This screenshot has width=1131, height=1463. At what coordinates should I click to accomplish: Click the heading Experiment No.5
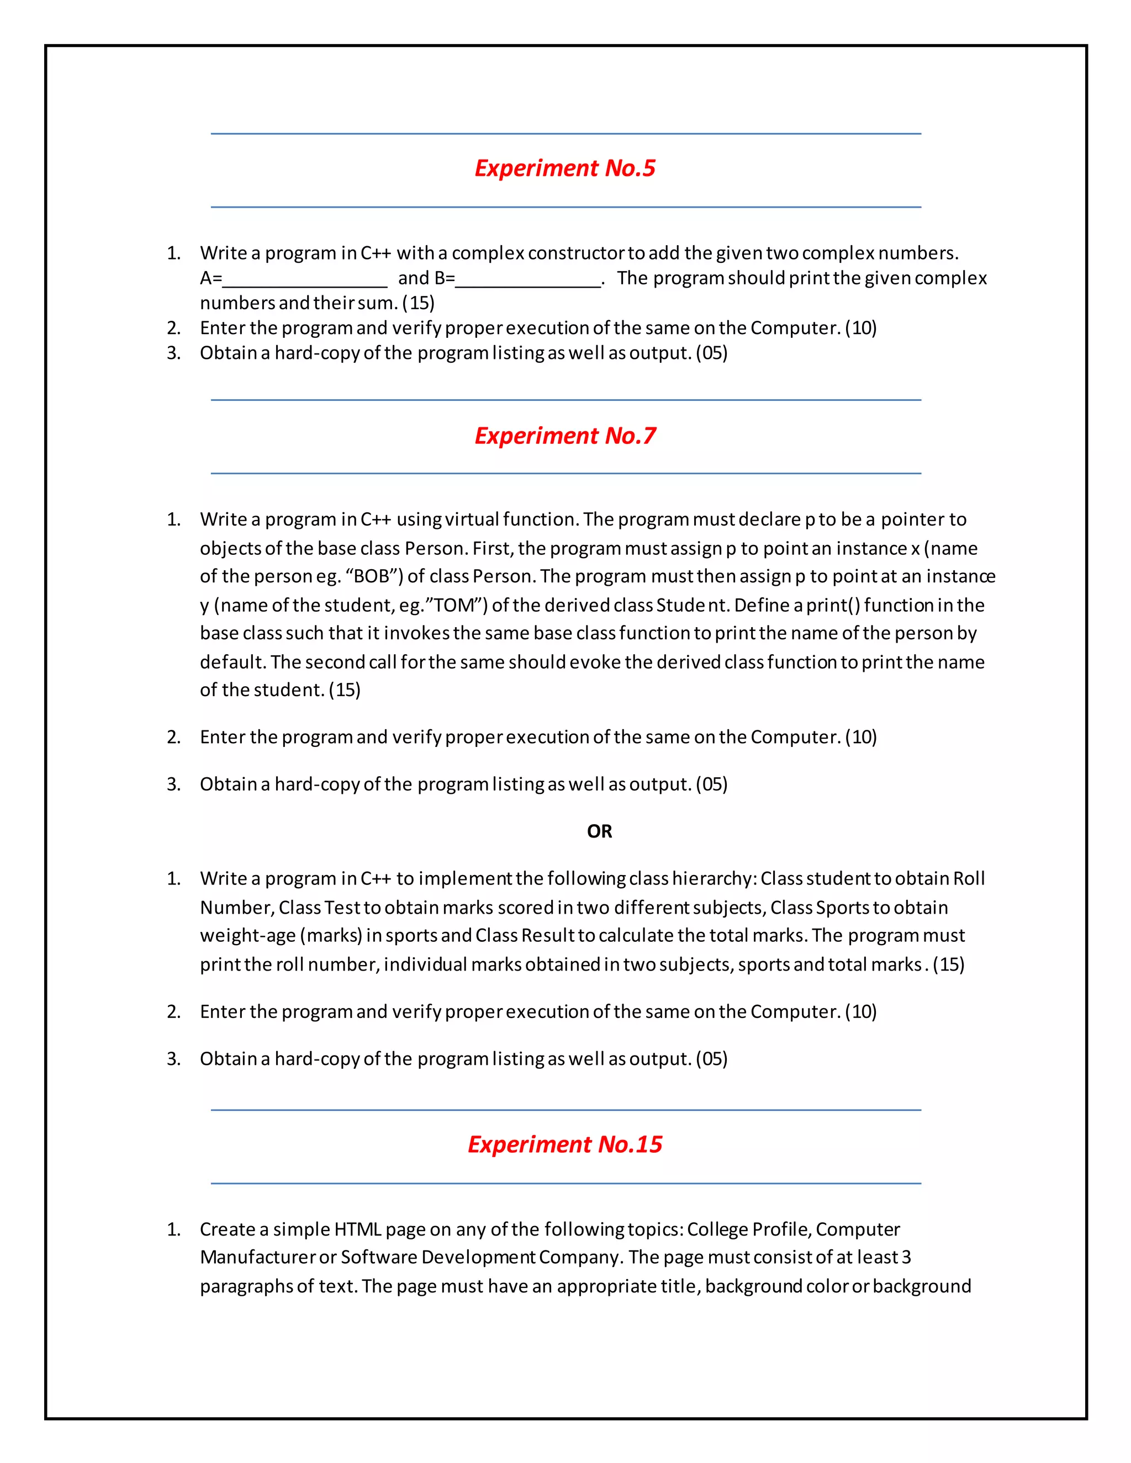point(565,168)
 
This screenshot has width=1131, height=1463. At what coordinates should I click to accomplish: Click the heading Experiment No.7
point(565,436)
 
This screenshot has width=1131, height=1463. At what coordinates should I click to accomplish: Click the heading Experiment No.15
point(565,1144)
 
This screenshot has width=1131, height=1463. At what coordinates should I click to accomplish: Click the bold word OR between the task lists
point(599,831)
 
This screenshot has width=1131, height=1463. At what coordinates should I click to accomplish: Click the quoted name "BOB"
point(372,577)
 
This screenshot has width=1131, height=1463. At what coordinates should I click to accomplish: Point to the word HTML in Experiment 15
point(358,1229)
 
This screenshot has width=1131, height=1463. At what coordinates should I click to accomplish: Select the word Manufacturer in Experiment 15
point(257,1257)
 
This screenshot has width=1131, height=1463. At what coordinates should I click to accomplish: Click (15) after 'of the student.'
point(345,690)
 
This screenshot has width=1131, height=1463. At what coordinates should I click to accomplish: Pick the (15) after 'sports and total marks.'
point(948,964)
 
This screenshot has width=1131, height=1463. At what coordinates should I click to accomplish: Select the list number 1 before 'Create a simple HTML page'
point(173,1229)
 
